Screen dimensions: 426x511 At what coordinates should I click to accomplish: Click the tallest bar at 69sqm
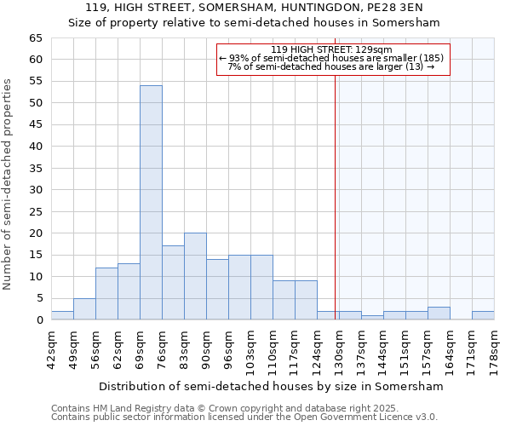click(x=151, y=203)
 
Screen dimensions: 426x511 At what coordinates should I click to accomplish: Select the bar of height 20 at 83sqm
click(x=195, y=276)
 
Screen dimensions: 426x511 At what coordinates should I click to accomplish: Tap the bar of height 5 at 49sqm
click(x=84, y=309)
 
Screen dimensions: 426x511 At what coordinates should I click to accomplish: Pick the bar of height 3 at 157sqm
click(x=439, y=313)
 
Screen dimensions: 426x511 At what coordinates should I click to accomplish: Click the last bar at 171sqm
click(x=483, y=315)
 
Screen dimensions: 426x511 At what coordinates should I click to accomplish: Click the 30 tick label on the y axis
click(x=36, y=190)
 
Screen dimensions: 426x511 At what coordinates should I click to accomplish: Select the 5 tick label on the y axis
click(x=39, y=298)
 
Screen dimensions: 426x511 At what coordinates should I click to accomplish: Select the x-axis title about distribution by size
click(x=271, y=386)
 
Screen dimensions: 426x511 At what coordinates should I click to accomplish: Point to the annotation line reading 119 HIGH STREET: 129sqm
click(x=331, y=49)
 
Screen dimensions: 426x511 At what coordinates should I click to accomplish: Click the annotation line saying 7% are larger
click(x=331, y=66)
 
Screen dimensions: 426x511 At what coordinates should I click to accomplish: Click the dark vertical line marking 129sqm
click(x=336, y=196)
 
